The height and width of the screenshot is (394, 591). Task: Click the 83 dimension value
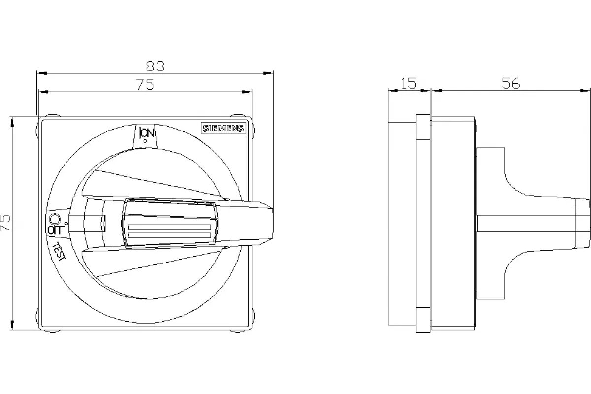155,66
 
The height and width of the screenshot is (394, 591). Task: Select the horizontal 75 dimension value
145,85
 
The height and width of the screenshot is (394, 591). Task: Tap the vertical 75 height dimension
5,223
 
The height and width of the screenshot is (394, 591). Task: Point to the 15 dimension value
409,83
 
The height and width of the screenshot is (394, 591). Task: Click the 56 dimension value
511,83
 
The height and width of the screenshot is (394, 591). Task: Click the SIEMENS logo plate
224,128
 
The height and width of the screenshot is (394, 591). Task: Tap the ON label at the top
147,132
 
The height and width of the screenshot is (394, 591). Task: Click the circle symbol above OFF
55,219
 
